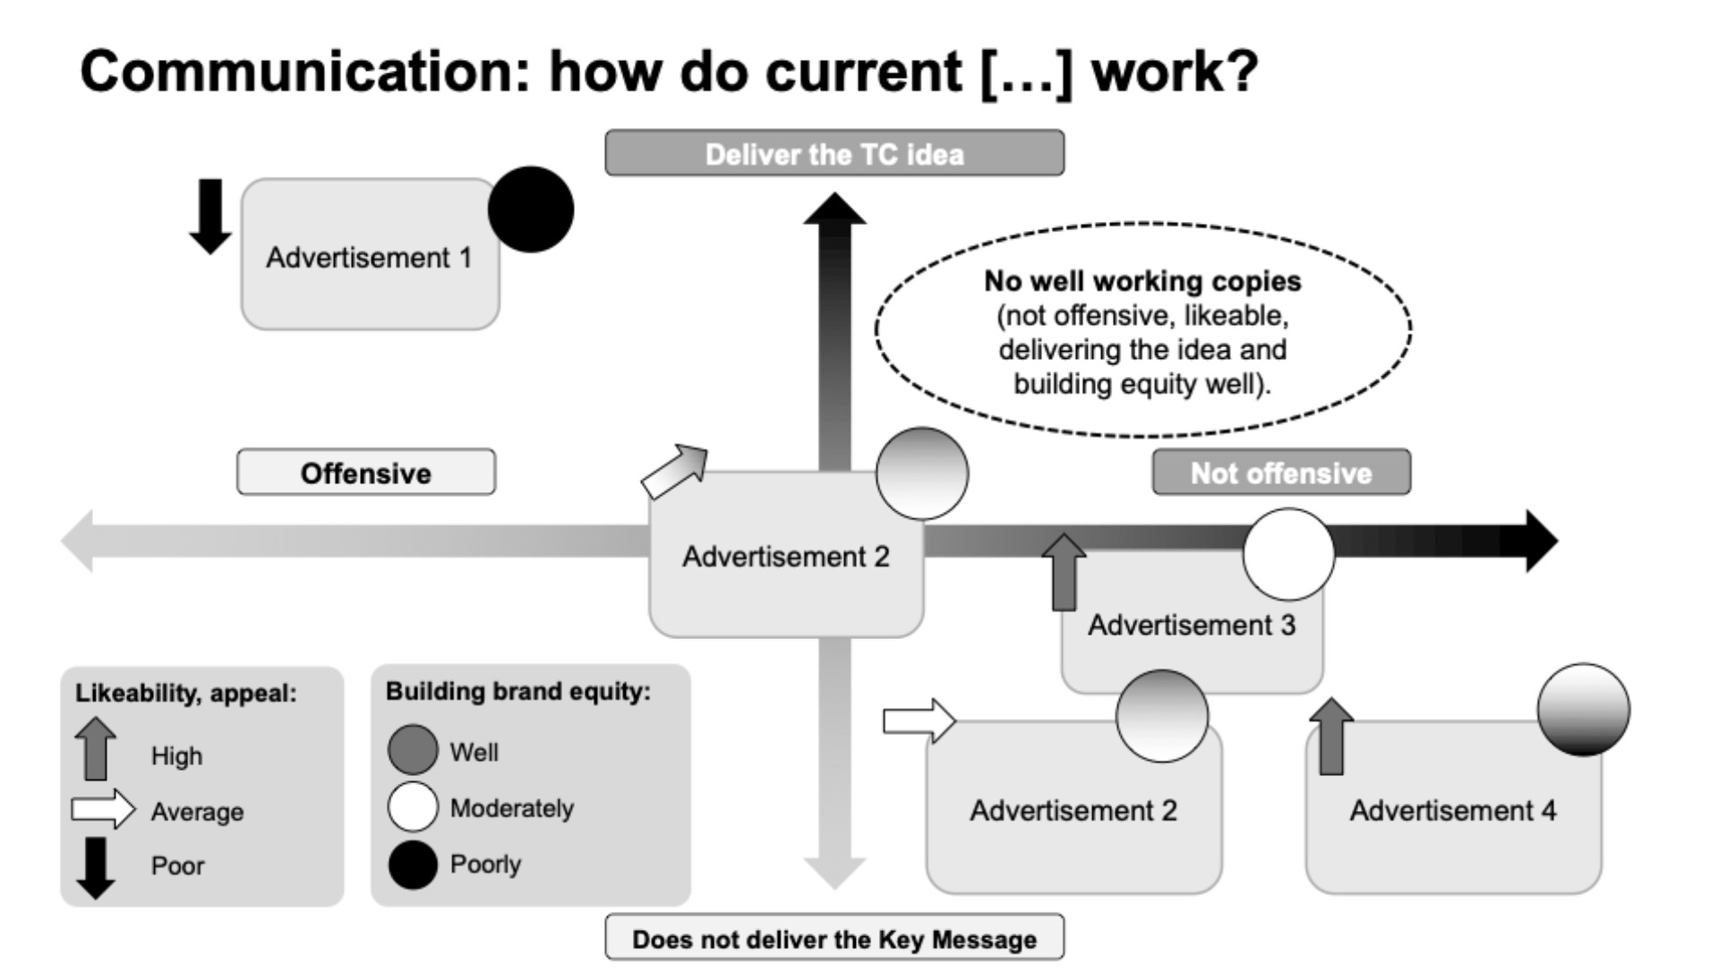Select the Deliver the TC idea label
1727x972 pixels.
pyautogui.click(x=834, y=153)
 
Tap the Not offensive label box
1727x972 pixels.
pyautogui.click(x=1280, y=473)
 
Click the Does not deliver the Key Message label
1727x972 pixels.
pyautogui.click(x=834, y=939)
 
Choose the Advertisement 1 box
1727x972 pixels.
pyautogui.click(x=369, y=258)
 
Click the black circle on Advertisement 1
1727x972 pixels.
pyautogui.click(x=531, y=209)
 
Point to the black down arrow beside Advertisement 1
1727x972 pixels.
pyautogui.click(x=210, y=216)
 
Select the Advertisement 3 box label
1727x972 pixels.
pyautogui.click(x=1191, y=625)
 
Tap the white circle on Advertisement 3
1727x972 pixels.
pyautogui.click(x=1288, y=554)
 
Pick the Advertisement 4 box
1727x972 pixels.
pyautogui.click(x=1452, y=810)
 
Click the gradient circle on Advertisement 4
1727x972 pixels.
pyautogui.click(x=1583, y=710)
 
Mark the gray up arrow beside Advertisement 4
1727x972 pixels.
pyautogui.click(x=1331, y=736)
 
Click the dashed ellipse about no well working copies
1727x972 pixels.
pyautogui.click(x=1142, y=330)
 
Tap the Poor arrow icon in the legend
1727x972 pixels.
pyautogui.click(x=96, y=867)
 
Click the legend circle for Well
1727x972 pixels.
pyautogui.click(x=413, y=750)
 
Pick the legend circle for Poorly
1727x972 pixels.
pyautogui.click(x=413, y=865)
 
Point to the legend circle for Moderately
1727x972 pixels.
pyautogui.click(x=413, y=806)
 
